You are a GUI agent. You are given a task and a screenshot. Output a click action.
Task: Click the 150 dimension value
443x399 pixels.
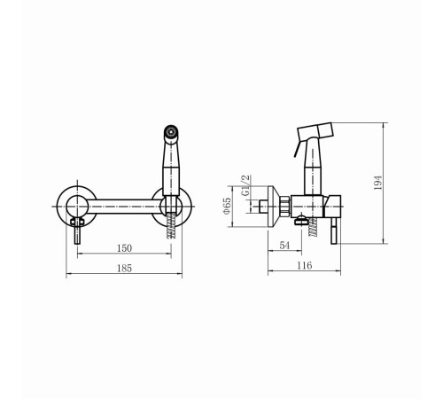(x=124, y=248)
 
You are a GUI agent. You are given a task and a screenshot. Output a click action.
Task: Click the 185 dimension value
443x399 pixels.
(x=124, y=269)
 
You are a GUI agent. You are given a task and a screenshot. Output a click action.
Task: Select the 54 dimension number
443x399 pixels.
(x=284, y=246)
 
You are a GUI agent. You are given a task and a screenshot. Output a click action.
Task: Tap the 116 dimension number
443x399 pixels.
(x=304, y=265)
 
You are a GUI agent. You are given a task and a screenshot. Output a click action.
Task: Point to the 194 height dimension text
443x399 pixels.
(x=377, y=183)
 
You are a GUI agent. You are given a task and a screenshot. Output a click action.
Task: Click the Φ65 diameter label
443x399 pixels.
(x=227, y=206)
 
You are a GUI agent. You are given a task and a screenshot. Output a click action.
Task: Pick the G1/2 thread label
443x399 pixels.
(x=245, y=185)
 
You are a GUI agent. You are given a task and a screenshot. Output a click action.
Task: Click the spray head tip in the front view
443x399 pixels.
(x=171, y=131)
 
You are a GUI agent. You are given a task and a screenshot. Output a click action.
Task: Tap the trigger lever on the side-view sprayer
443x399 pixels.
(x=297, y=149)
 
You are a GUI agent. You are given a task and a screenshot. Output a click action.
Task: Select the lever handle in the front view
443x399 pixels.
(x=77, y=231)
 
